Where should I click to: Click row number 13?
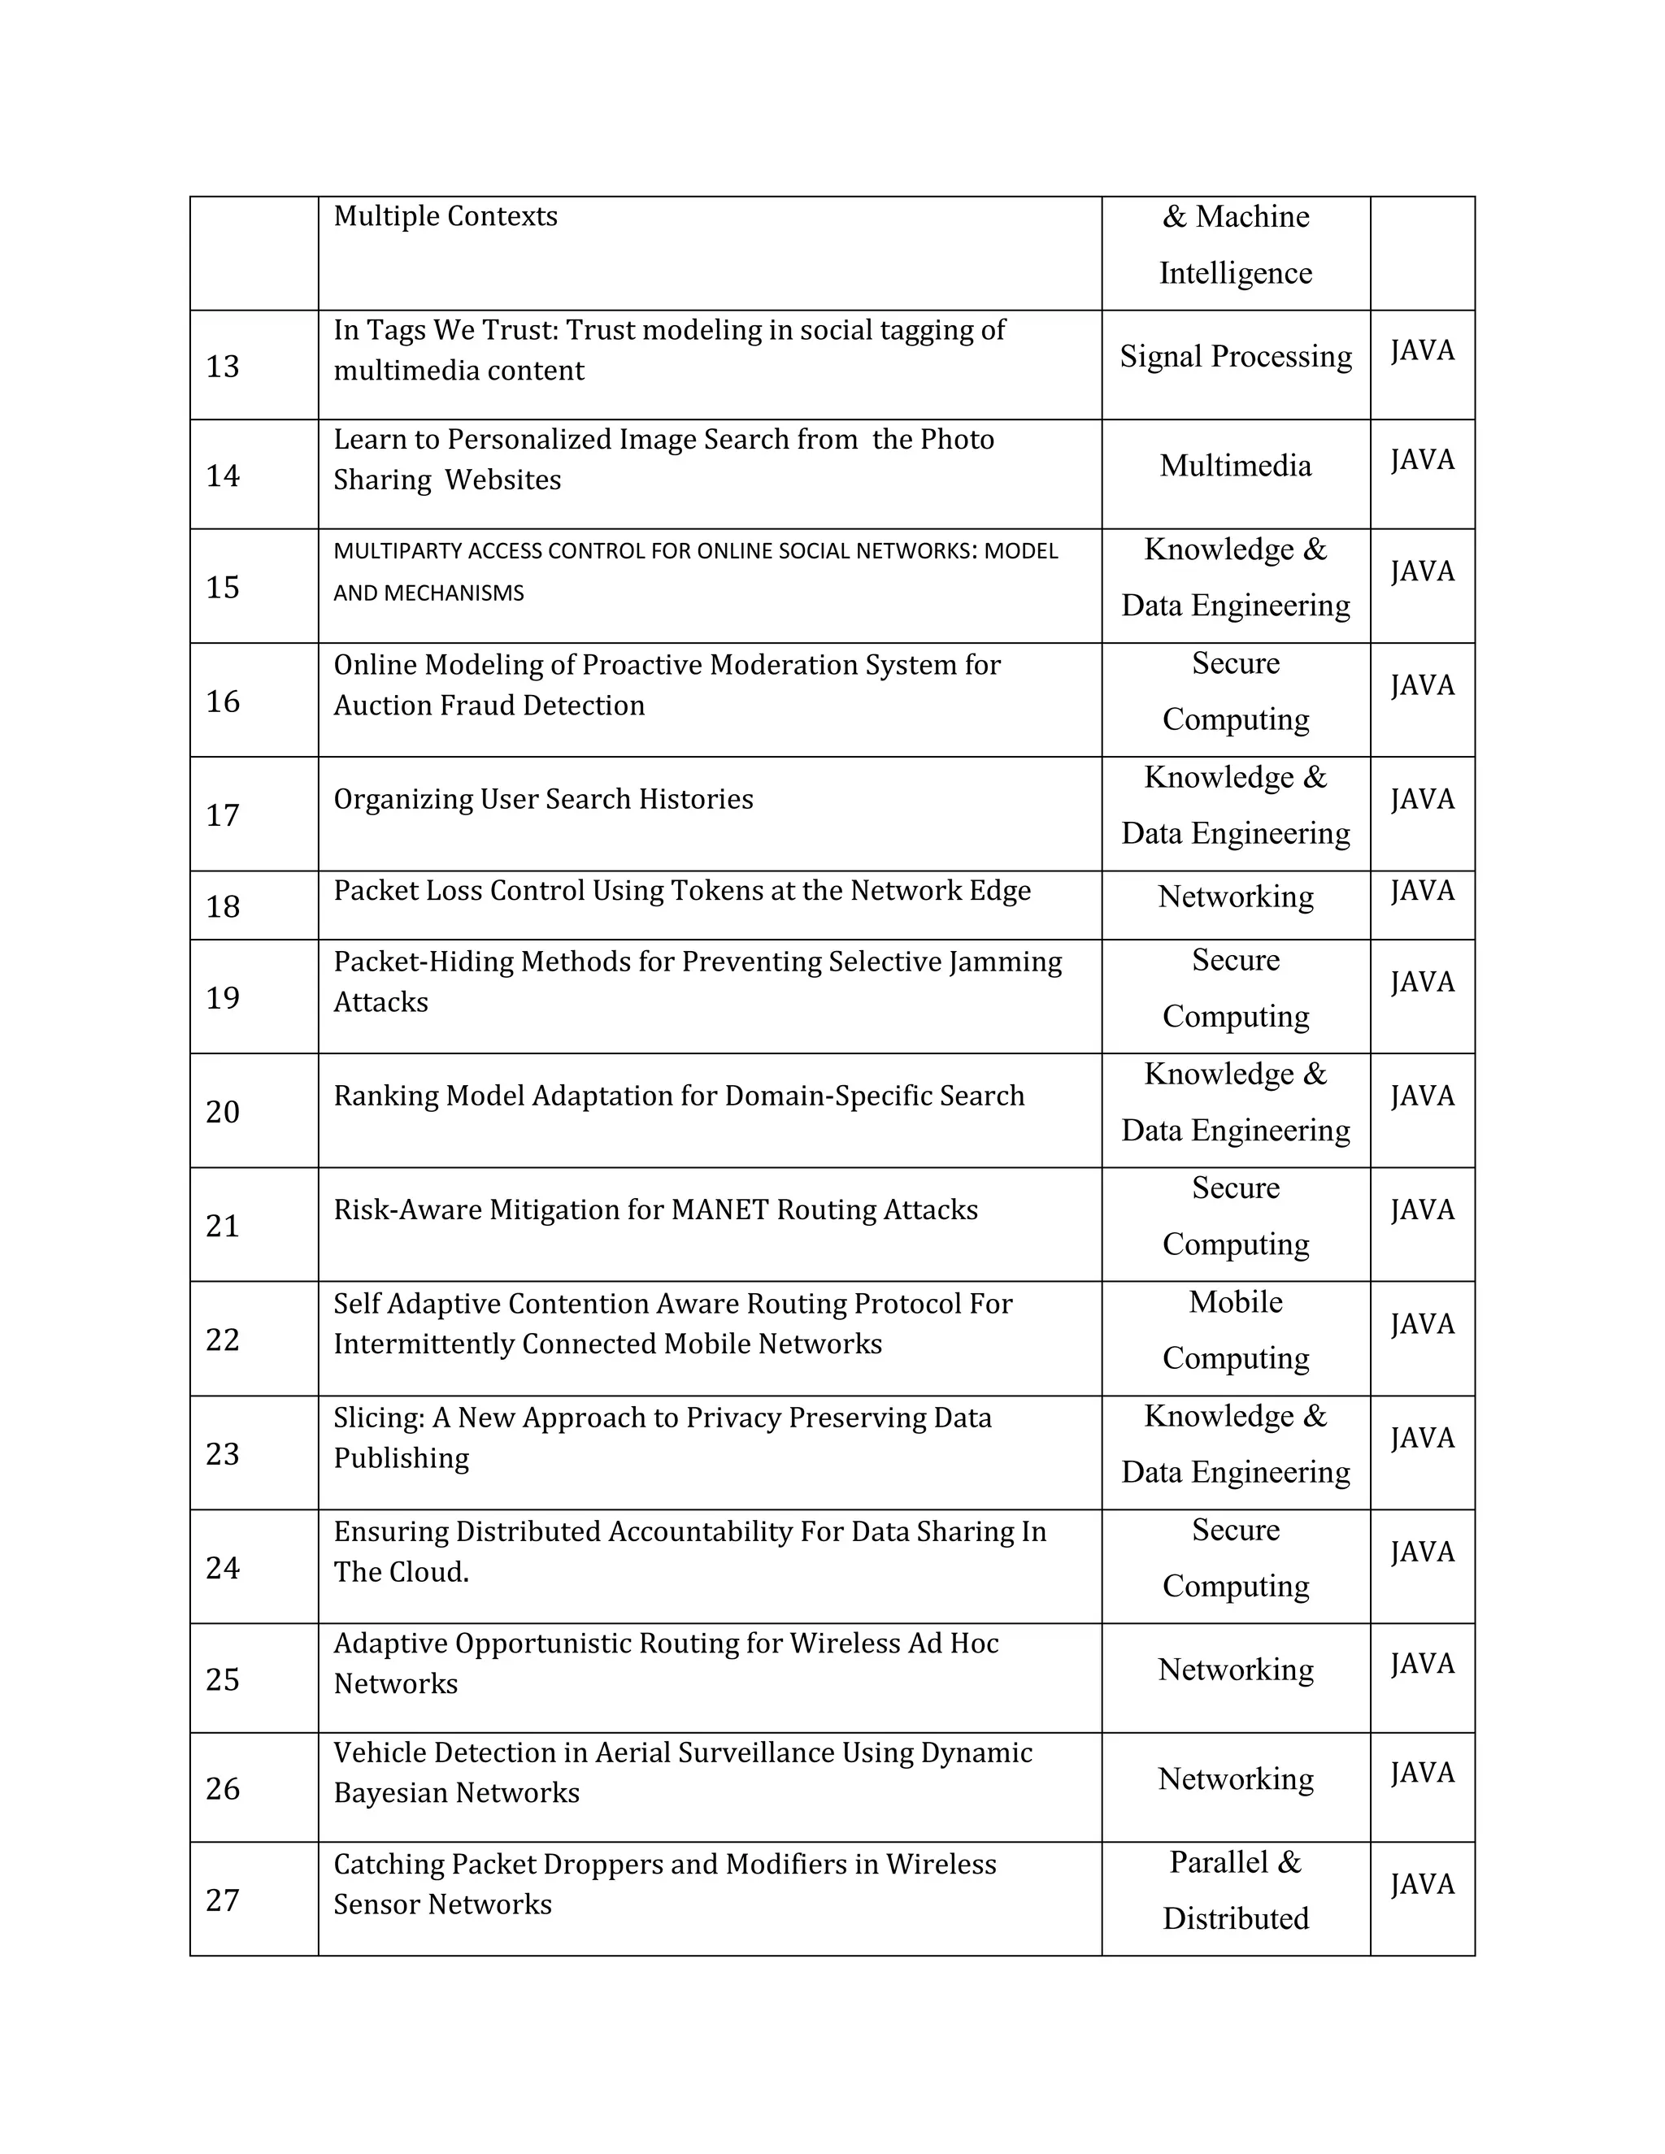point(222,367)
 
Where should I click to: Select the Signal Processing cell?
point(1235,356)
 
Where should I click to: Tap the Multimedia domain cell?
point(1235,466)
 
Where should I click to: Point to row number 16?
point(222,701)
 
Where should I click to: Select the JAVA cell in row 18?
point(1423,891)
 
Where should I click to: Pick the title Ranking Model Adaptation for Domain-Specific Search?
point(679,1096)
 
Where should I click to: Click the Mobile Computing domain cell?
point(1235,1330)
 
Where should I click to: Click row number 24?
point(222,1568)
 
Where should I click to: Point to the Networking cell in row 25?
point(1235,1670)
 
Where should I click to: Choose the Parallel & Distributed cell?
point(1235,1890)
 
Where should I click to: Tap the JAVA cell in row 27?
point(1423,1885)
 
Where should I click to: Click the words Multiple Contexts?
point(445,216)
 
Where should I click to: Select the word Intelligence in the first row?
point(1235,273)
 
